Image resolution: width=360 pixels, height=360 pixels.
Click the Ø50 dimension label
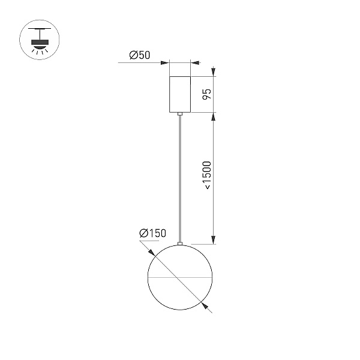(x=140, y=55)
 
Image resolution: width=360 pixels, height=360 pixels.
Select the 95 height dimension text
(x=207, y=94)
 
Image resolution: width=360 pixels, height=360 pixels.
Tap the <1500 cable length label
(x=207, y=175)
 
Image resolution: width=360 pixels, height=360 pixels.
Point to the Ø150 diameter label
(x=152, y=233)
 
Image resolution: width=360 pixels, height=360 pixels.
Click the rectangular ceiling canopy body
(x=180, y=94)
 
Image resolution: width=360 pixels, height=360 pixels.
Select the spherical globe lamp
(x=180, y=277)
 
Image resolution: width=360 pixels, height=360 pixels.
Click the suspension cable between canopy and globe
(x=180, y=179)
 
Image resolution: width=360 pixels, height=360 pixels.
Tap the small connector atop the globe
(x=180, y=244)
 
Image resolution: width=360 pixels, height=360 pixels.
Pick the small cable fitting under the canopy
(x=180, y=113)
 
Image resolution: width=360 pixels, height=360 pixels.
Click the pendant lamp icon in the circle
(x=40, y=40)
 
